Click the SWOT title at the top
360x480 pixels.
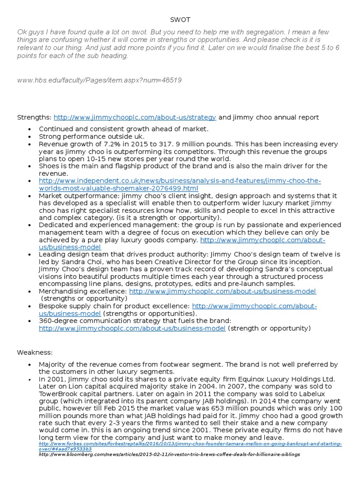click(x=180, y=20)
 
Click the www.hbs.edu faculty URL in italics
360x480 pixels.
click(x=99, y=80)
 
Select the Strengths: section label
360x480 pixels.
click(x=34, y=117)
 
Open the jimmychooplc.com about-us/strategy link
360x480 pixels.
click(x=135, y=117)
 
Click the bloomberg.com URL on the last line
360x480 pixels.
click(x=169, y=454)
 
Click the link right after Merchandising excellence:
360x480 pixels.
click(x=222, y=291)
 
